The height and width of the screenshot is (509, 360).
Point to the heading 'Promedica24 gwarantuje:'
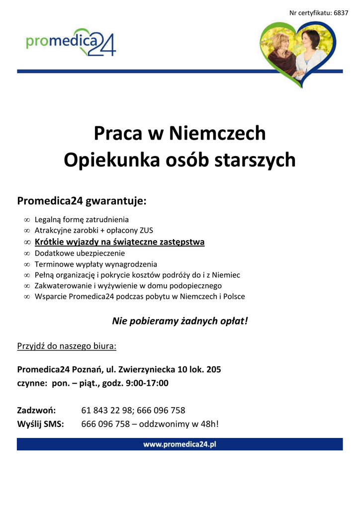tap(82, 201)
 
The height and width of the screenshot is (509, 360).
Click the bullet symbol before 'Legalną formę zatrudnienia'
tap(27, 220)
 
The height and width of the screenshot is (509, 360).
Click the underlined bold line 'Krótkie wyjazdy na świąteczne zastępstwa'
tap(119, 242)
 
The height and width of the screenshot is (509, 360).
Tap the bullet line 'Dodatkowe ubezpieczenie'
tap(80, 253)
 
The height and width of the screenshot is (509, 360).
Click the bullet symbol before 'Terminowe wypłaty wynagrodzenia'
tap(27, 264)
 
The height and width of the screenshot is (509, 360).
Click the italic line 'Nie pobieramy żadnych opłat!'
tap(180, 321)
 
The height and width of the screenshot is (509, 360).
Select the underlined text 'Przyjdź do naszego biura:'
tap(67, 345)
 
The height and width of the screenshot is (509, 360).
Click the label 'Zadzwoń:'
tap(36, 411)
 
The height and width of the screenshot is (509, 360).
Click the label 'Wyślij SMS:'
tap(40, 424)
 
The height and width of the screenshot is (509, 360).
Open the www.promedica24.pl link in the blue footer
tap(180, 444)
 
